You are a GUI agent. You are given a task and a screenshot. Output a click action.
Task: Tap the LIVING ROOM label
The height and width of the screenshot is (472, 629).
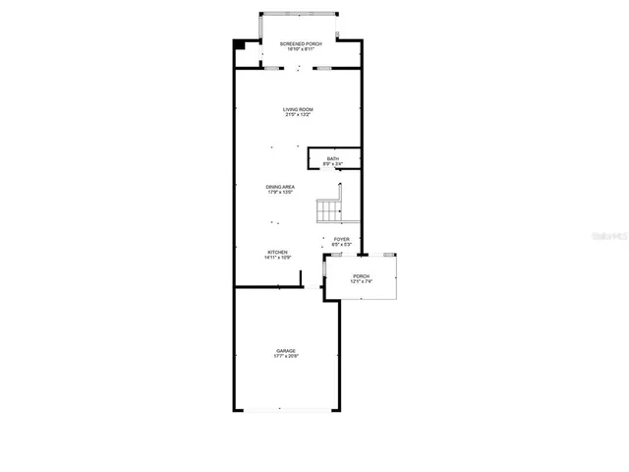click(298, 110)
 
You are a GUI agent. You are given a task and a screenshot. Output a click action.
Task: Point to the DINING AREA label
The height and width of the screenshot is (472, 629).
click(281, 186)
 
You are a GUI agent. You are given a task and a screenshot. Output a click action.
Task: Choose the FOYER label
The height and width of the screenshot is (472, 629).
click(342, 238)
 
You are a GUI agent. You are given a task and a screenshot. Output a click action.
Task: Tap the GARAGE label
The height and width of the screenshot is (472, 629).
click(286, 350)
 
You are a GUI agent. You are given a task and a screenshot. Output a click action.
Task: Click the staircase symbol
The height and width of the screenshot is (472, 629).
click(329, 209)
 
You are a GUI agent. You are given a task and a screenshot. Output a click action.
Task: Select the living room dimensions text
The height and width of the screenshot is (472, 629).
click(298, 116)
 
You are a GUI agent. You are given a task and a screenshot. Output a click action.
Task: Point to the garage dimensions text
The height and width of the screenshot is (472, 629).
click(286, 356)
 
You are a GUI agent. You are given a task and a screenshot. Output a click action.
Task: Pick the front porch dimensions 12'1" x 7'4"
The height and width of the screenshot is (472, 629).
click(362, 282)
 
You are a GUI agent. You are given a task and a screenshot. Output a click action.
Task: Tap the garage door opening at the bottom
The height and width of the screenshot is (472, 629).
click(286, 410)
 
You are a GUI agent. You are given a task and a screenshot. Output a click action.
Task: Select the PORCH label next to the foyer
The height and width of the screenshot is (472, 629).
click(362, 276)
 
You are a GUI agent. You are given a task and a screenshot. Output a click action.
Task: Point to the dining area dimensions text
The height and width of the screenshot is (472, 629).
click(281, 192)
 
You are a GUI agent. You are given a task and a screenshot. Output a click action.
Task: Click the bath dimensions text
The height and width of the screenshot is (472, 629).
click(333, 163)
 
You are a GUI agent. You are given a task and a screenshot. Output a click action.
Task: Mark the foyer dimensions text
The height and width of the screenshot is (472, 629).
click(342, 244)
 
